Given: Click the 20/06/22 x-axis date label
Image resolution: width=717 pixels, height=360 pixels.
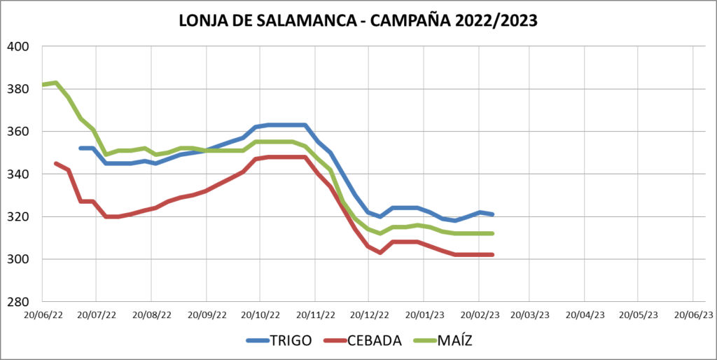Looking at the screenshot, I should [43, 316].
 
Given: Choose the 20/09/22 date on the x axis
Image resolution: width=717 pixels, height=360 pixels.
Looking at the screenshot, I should [206, 316].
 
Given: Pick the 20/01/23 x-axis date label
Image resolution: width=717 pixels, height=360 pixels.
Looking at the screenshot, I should [423, 316].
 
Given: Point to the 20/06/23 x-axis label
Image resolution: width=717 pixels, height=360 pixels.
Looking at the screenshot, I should [693, 316].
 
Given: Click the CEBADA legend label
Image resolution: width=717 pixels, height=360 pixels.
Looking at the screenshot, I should [377, 341].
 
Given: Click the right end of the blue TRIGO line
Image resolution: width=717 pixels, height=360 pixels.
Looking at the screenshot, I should [493, 214].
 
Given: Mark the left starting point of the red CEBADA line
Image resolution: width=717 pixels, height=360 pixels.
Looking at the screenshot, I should [55, 163].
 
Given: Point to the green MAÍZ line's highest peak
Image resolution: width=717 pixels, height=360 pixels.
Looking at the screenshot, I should [56, 83].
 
